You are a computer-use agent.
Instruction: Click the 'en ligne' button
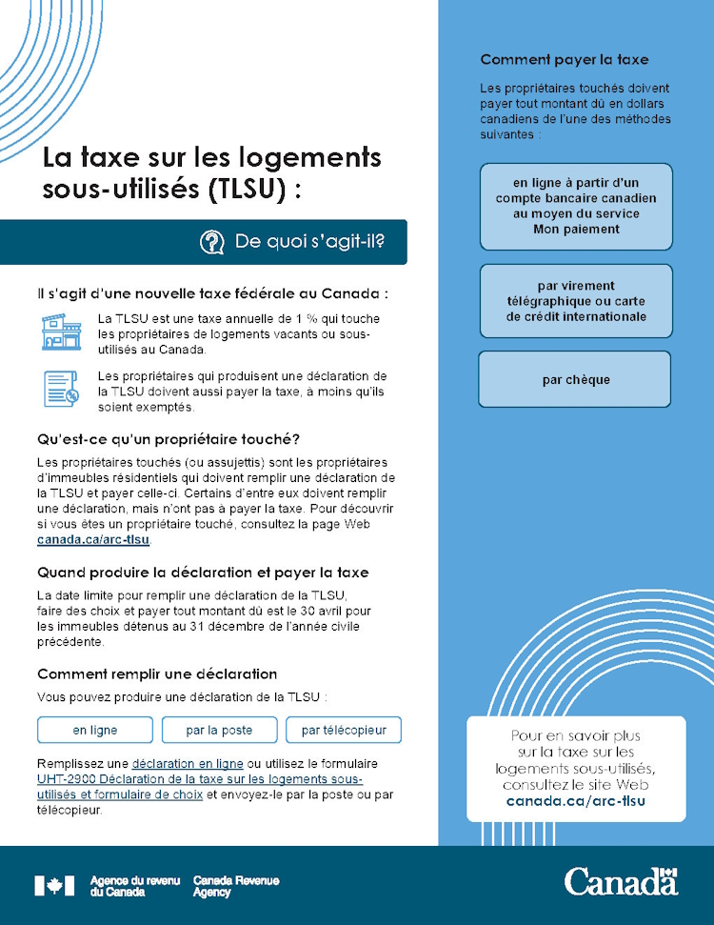95,730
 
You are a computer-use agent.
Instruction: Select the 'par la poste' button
219,730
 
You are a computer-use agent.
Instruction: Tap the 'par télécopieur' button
344,730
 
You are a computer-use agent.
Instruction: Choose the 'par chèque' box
575,380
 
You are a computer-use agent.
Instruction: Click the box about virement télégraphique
575,301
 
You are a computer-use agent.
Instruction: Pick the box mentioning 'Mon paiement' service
575,206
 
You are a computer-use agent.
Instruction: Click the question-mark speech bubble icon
211,242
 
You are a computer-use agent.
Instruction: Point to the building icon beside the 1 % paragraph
61,331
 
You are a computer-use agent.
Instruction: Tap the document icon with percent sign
61,389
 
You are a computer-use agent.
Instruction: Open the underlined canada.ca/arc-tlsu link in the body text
93,540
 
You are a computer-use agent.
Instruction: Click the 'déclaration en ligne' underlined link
188,764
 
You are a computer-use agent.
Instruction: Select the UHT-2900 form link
200,787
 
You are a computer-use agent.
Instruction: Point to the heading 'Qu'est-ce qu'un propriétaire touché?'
169,439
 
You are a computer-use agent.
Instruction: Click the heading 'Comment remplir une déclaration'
157,674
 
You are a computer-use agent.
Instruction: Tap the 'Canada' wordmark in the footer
621,881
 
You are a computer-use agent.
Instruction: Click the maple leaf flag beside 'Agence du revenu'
54,886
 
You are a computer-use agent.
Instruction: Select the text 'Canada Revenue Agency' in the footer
235,887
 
